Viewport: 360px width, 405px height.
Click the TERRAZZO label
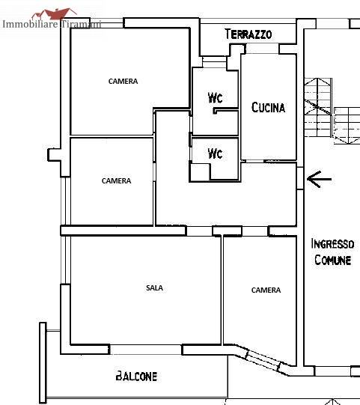coord(248,34)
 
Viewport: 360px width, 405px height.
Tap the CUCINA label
coord(269,108)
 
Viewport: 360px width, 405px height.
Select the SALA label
coord(154,287)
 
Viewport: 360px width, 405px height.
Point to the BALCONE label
coord(136,376)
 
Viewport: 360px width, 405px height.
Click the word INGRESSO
coord(332,243)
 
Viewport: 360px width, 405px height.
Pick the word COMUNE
coord(332,260)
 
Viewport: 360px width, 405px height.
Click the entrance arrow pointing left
coord(319,179)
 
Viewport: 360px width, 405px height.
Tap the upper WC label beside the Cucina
coord(215,97)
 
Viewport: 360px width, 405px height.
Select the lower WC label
coord(215,153)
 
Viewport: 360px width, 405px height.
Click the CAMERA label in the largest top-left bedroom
coord(123,82)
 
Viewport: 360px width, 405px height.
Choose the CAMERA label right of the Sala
coord(266,290)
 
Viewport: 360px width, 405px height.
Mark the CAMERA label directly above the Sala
coord(116,181)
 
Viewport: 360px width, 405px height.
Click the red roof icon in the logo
coord(55,14)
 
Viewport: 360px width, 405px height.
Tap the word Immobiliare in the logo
coord(30,24)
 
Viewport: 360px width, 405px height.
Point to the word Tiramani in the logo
coord(81,24)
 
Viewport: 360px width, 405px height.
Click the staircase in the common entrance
coord(332,111)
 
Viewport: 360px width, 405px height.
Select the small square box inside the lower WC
coord(200,172)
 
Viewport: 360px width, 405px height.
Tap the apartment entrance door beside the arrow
coord(300,178)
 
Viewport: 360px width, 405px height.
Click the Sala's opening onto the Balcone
coord(146,350)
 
